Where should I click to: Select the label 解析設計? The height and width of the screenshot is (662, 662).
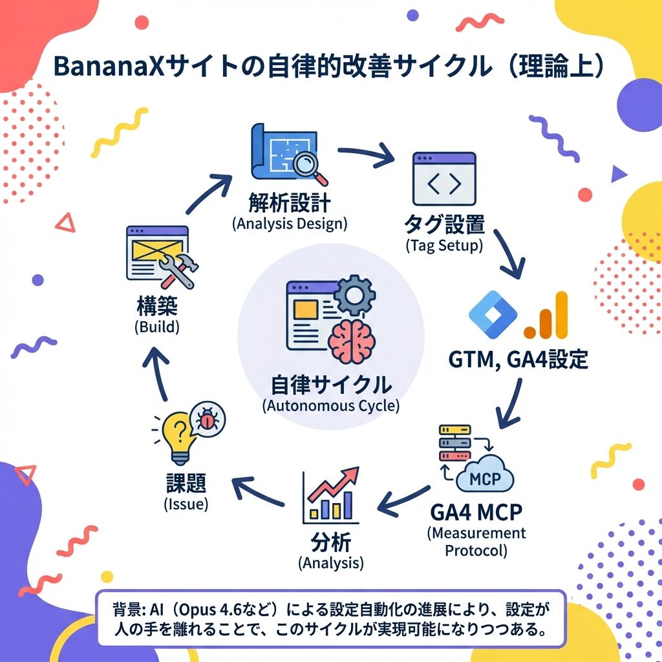point(289,202)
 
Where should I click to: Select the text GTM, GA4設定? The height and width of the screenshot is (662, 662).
point(518,358)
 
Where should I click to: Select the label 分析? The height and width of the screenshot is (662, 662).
point(330,540)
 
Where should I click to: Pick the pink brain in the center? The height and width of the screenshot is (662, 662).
point(349,342)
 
